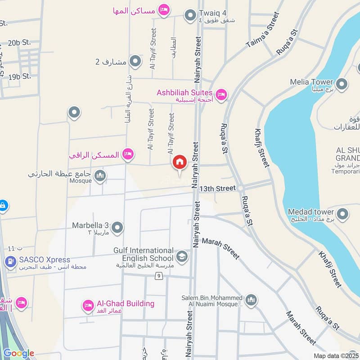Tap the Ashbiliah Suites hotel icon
(221, 94)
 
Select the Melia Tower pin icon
(342, 84)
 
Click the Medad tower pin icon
(342, 214)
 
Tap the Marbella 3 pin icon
(117, 228)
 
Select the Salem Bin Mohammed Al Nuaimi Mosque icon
(251, 300)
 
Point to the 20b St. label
(19, 43)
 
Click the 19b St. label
(19, 76)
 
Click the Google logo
(19, 353)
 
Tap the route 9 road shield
(159, 275)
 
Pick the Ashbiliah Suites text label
(184, 93)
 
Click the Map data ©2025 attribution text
(336, 355)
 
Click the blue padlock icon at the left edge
(3, 206)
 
